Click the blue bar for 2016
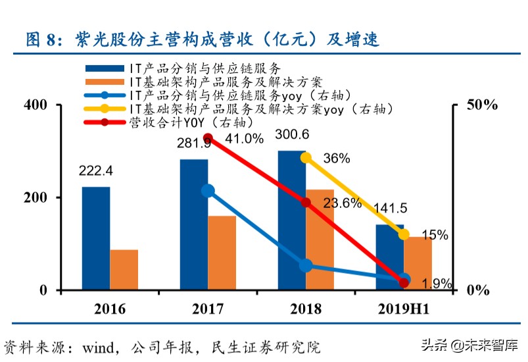(96, 238)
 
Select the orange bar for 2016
(124, 270)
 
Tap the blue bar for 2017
(194, 224)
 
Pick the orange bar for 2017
(222, 253)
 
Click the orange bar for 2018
(319, 240)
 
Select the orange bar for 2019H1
(418, 263)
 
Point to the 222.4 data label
(95, 171)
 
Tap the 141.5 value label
(390, 209)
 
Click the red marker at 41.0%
(208, 138)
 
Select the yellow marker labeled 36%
(306, 157)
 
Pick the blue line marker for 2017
(208, 191)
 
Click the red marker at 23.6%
(306, 203)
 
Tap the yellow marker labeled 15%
(404, 234)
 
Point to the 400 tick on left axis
(34, 105)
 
